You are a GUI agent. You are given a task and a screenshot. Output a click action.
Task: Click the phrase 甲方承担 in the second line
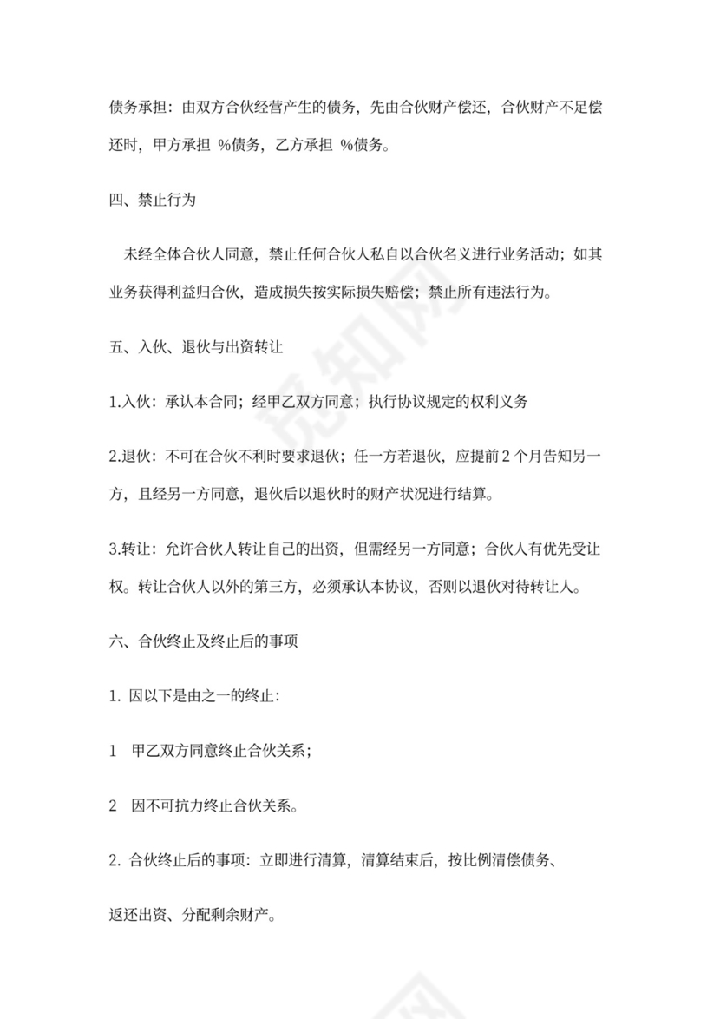[180, 145]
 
